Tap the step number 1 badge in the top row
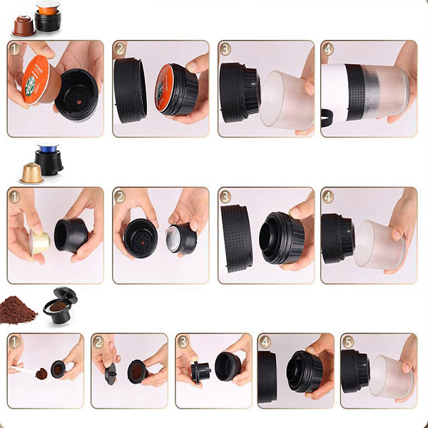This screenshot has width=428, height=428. (x=15, y=49)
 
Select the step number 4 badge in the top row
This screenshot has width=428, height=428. (x=328, y=49)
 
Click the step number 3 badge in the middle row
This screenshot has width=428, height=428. (x=225, y=196)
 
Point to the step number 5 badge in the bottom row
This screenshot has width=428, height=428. (x=348, y=342)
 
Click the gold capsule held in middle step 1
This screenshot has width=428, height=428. (x=39, y=243)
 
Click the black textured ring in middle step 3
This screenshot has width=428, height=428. (x=235, y=238)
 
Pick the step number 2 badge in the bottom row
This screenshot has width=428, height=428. (x=98, y=342)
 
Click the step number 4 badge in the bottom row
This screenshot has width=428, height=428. (x=265, y=342)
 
